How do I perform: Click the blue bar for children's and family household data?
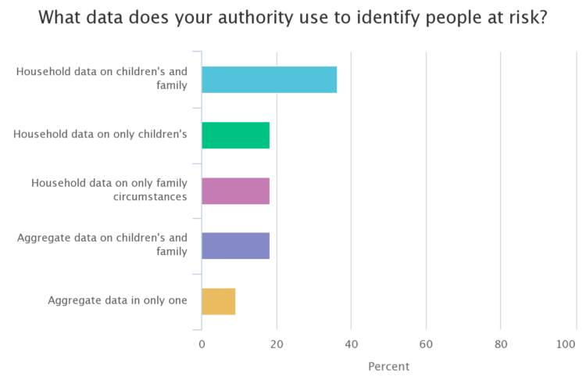click(269, 80)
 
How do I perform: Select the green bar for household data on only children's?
click(235, 135)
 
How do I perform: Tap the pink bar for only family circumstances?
click(235, 191)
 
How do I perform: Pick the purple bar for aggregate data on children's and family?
click(235, 246)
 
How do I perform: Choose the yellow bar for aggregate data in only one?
click(218, 301)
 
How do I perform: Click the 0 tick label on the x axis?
click(202, 345)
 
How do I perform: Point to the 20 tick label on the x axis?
click(276, 345)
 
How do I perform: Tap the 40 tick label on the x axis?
click(351, 345)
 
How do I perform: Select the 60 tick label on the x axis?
click(426, 345)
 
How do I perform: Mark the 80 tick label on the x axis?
click(501, 345)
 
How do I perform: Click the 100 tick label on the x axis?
click(567, 345)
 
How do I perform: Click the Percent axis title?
click(388, 366)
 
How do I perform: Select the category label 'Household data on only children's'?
click(100, 135)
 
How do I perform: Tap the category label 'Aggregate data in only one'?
click(117, 300)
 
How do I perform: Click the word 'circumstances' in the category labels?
click(150, 196)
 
